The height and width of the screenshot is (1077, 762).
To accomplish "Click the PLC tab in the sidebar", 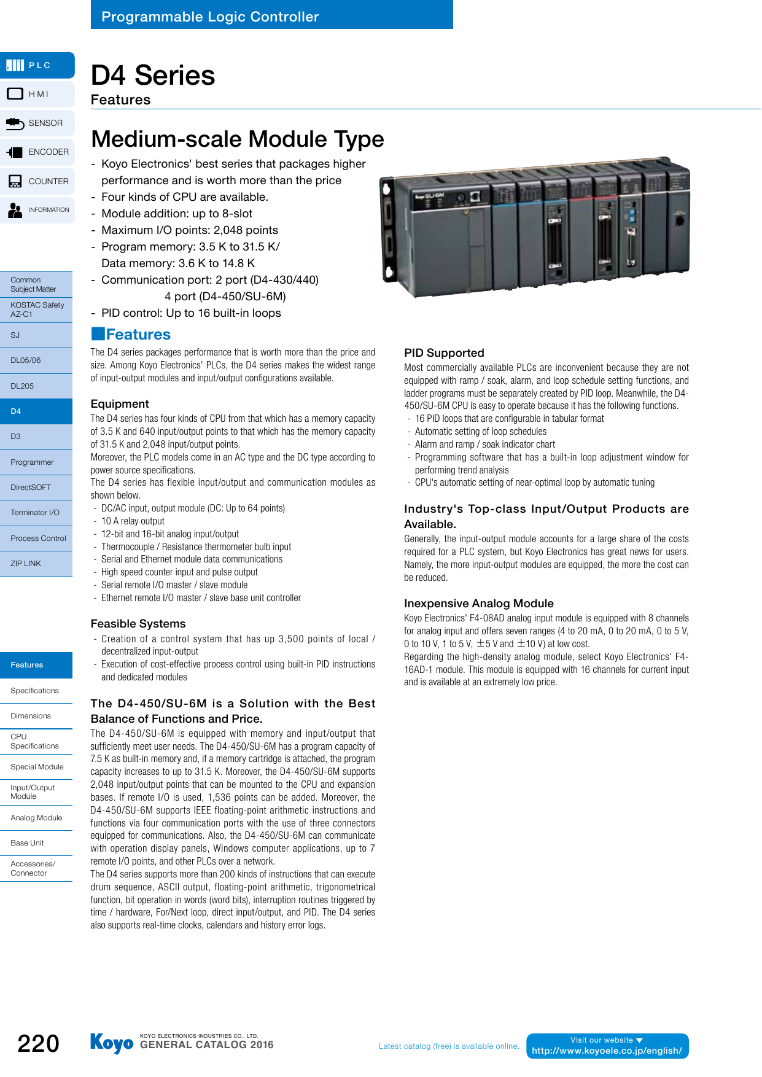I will tap(37, 65).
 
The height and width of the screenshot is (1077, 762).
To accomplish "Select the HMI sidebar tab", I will tap(37, 94).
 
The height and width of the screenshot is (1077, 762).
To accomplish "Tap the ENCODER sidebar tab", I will tap(37, 152).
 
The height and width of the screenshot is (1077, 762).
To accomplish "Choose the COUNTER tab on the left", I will tap(37, 181).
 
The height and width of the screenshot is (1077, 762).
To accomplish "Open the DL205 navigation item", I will tap(36, 386).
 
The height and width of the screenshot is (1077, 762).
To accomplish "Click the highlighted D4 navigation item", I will tap(36, 411).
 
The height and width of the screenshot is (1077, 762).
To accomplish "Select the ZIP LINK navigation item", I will tap(36, 564).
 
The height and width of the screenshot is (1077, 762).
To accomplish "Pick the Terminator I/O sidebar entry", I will tap(36, 513).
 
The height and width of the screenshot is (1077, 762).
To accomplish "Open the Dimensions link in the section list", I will tap(36, 716).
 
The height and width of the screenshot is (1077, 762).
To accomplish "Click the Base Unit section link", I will tap(36, 843).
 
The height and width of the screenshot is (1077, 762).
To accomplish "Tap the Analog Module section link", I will tap(36, 818).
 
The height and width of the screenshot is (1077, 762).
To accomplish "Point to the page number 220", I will tap(38, 1043).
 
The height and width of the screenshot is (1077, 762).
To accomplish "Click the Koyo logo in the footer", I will tap(111, 1043).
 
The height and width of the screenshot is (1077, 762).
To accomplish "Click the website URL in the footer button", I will tap(607, 1051).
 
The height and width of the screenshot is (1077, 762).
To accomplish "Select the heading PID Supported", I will tap(444, 353).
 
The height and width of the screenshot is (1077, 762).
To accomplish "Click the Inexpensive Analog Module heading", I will tap(478, 604).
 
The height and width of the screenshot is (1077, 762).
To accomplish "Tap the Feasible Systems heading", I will tap(138, 624).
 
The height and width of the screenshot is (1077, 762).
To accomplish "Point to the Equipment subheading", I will tap(120, 404).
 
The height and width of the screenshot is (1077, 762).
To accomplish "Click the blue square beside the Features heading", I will tap(98, 334).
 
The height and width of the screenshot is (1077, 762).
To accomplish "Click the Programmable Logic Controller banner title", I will tap(210, 17).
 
